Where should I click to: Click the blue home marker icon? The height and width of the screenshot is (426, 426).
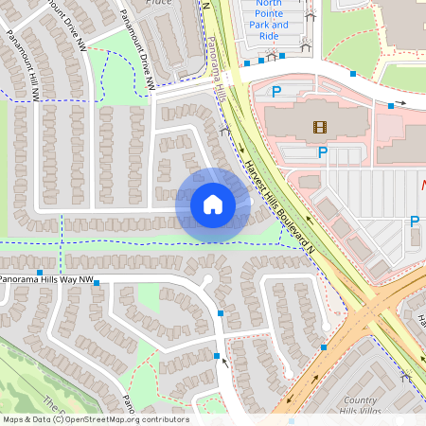(213, 204)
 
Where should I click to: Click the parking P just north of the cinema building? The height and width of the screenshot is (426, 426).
(277, 92)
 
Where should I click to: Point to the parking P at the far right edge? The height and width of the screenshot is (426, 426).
(414, 222)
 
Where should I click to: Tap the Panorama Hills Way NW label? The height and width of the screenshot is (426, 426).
(47, 280)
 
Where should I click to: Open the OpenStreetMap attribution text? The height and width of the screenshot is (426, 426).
(95, 419)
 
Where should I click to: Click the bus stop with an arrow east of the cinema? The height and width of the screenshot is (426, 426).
(391, 106)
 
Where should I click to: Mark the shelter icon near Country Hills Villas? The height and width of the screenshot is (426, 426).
(408, 377)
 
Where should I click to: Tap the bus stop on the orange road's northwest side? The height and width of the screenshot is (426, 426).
(324, 347)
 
